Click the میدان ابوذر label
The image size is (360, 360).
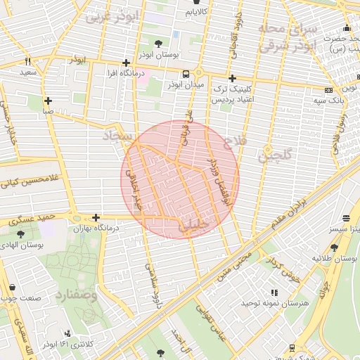click(x=185, y=85)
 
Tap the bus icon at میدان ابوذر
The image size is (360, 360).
click(x=186, y=74)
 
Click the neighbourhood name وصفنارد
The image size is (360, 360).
click(x=74, y=295)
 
